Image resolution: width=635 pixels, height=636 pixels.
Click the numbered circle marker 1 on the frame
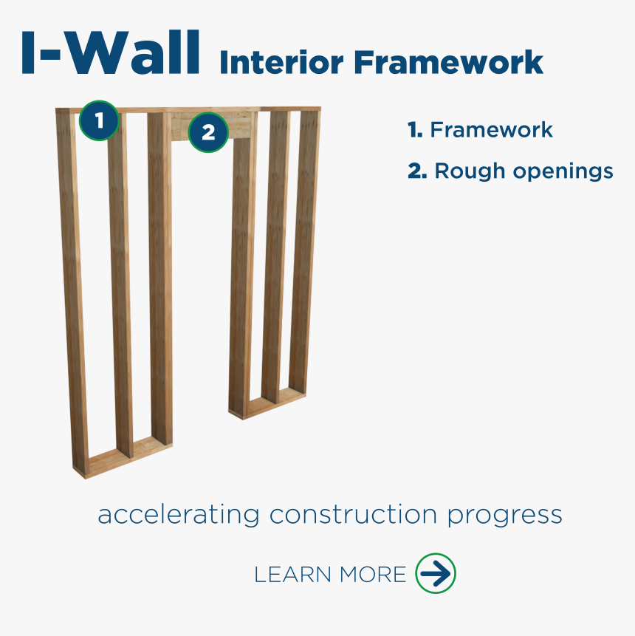click(x=99, y=120)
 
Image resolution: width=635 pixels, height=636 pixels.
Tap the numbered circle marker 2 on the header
click(x=207, y=132)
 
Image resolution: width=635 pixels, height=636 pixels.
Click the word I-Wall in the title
click(x=111, y=53)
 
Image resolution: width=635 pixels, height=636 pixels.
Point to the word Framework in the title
click(x=448, y=63)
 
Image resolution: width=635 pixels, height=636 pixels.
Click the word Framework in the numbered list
click(x=491, y=131)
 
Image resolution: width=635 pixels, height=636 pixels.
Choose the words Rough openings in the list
click(x=524, y=171)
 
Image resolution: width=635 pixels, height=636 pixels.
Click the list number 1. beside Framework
click(x=415, y=131)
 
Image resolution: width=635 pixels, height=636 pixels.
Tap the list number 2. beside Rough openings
click(x=417, y=171)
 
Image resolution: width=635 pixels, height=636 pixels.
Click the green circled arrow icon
click(x=436, y=573)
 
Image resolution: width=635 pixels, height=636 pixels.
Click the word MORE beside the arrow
click(x=373, y=575)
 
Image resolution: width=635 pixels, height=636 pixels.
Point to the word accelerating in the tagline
click(x=178, y=515)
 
